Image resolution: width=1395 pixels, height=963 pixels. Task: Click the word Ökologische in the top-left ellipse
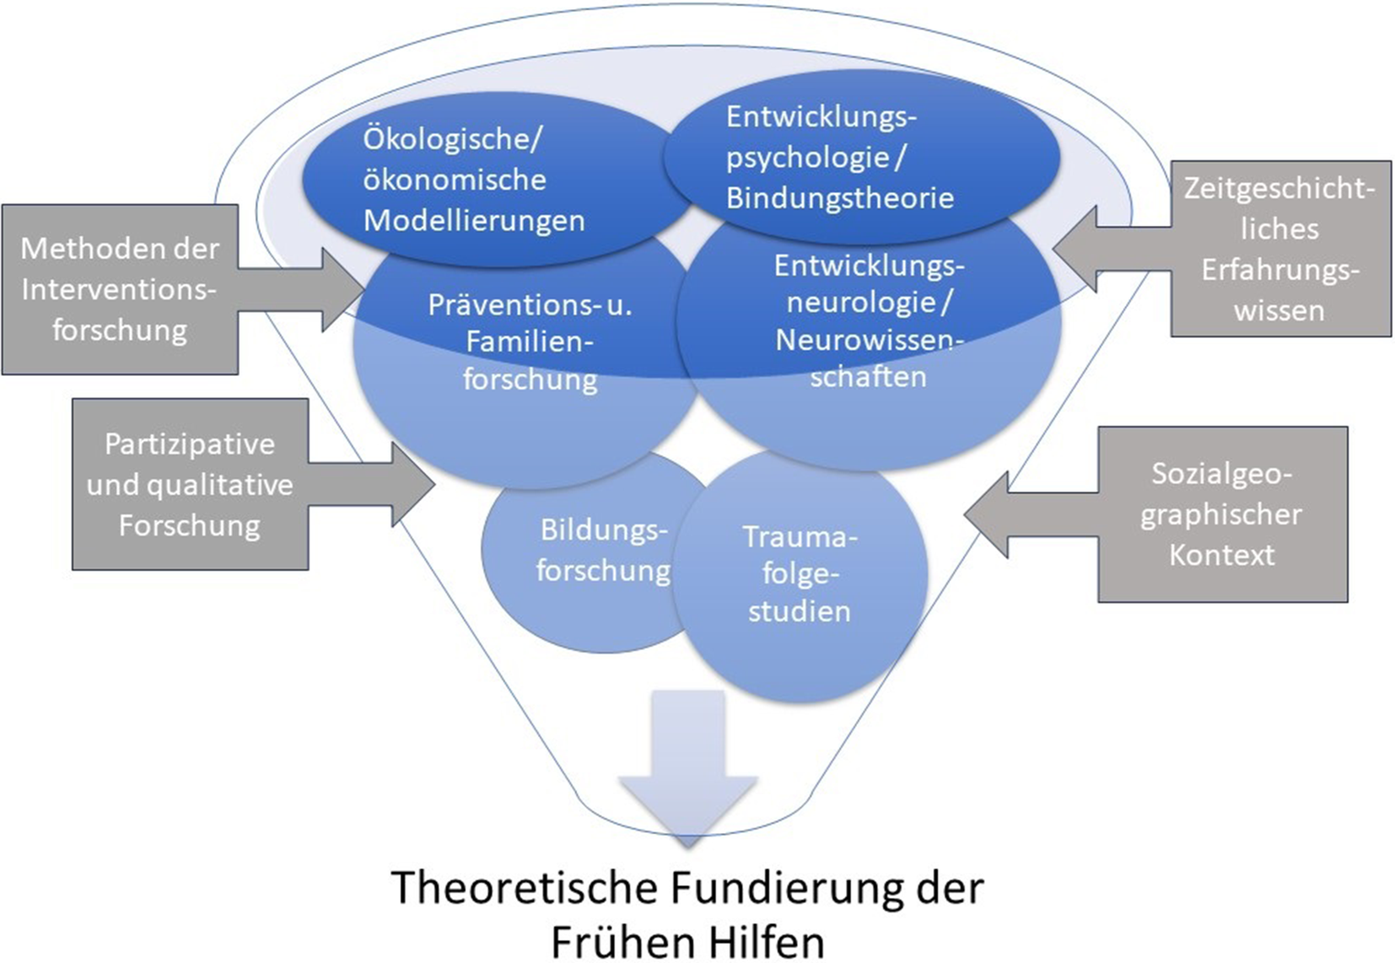click(452, 138)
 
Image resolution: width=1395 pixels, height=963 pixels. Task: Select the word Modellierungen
click(474, 220)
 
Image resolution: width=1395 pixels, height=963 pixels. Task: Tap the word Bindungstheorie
click(840, 197)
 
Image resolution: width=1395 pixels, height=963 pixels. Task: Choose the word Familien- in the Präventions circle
click(530, 342)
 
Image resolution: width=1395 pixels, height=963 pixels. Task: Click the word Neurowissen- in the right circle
click(869, 339)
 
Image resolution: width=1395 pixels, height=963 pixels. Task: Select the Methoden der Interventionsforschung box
click(120, 289)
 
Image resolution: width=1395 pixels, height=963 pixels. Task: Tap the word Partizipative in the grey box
click(190, 444)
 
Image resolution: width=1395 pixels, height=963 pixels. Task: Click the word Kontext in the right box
click(1221, 555)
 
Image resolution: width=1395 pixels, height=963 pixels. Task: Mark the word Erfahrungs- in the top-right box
click(1280, 270)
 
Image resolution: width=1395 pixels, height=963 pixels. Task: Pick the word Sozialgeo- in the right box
click(1221, 473)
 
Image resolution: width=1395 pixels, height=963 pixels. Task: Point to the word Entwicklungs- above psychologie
click(821, 116)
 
